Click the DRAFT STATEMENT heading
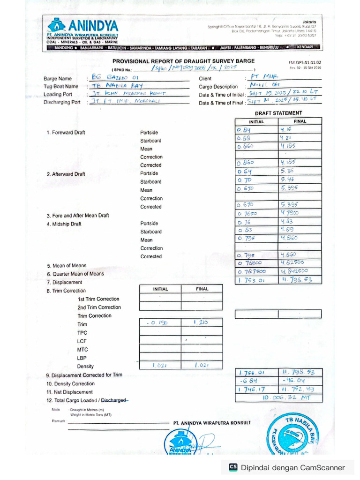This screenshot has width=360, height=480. tap(278, 113)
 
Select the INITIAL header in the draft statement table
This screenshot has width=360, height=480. tap(256, 121)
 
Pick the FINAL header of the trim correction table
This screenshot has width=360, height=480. tap(202, 289)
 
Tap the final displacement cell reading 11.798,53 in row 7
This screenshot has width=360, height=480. tap(299, 280)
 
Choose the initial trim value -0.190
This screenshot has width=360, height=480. tap(157, 323)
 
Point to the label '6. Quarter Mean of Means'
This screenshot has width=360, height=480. tap(75, 274)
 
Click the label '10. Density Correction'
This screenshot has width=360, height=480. tap(70, 383)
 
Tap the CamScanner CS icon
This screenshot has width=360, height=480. tap(233, 467)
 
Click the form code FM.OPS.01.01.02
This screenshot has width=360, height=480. tap(305, 62)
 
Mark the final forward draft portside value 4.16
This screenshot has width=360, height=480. tap(286, 129)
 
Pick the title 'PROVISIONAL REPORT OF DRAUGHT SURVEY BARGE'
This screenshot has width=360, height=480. tap(184, 61)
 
